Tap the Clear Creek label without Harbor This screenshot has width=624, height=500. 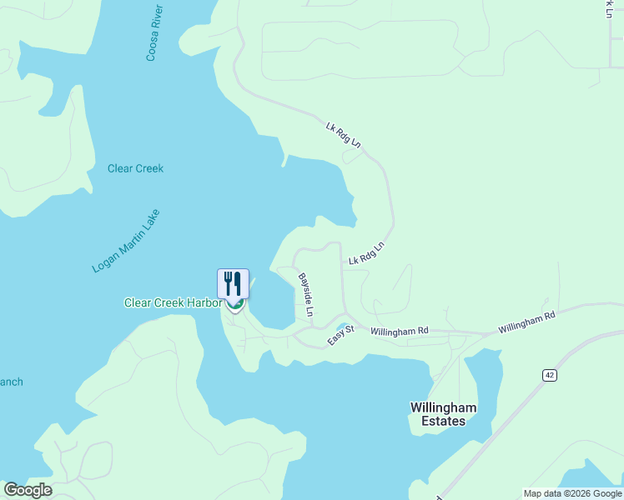click(x=135, y=168)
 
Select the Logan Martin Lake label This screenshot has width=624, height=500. click(x=125, y=241)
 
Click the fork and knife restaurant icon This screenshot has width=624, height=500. click(x=234, y=284)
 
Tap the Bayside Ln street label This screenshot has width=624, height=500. click(x=306, y=294)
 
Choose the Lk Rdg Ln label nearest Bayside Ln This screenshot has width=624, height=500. click(x=365, y=254)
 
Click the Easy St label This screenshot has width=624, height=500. click(x=340, y=335)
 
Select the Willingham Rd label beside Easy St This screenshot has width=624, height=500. click(x=399, y=331)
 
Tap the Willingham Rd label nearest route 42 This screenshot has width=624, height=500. click(x=526, y=323)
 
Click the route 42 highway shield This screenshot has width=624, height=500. click(x=548, y=376)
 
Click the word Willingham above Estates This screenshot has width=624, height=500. click(x=443, y=407)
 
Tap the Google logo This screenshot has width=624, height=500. click(x=28, y=490)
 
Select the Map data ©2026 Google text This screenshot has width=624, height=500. click(x=572, y=493)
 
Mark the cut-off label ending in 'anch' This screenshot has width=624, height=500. click(x=11, y=382)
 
